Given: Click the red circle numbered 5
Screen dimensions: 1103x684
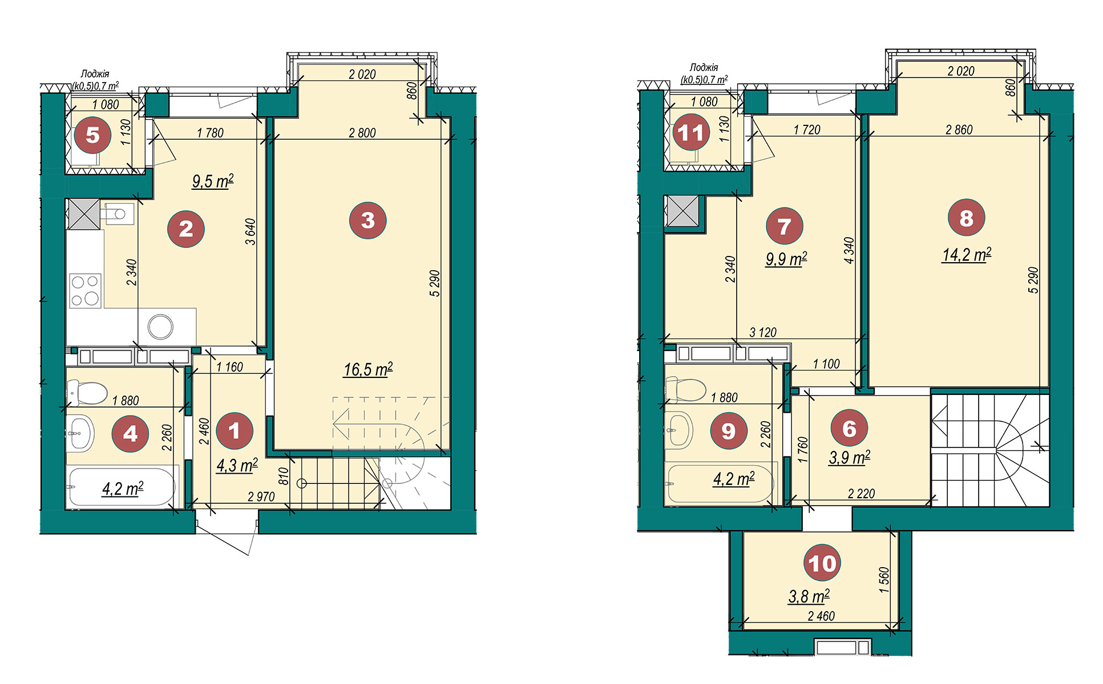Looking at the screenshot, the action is [x=92, y=135].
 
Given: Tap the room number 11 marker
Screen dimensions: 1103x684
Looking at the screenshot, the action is [x=691, y=133].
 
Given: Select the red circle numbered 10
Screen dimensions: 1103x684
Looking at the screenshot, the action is [x=822, y=563].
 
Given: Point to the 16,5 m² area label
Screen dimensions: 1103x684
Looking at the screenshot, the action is [x=368, y=369].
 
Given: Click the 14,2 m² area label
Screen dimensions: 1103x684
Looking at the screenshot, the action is [x=967, y=254].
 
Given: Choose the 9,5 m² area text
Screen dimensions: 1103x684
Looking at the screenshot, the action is [x=213, y=181].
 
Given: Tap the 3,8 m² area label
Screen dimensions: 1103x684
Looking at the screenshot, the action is [x=809, y=596].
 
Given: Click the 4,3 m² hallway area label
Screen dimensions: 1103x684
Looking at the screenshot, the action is [x=237, y=465].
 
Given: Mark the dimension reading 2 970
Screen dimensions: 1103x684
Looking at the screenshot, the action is [x=261, y=496].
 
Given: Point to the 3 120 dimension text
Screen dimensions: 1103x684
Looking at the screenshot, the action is [x=763, y=332].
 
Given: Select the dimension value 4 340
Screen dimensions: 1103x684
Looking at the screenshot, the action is [x=849, y=250].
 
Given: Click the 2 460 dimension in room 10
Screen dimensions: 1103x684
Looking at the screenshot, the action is [x=821, y=616].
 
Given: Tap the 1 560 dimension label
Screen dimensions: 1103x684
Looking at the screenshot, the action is [x=884, y=580].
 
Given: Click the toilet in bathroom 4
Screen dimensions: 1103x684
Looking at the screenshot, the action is [x=87, y=392].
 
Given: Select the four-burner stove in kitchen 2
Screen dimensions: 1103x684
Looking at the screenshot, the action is [x=85, y=291].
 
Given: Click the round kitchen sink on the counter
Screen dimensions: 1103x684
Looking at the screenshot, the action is [x=160, y=327].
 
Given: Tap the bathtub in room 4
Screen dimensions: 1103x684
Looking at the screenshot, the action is [x=122, y=487].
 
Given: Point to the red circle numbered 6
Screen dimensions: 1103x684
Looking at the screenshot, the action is [x=850, y=428].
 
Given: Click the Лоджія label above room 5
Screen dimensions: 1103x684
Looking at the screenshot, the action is [x=95, y=74].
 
